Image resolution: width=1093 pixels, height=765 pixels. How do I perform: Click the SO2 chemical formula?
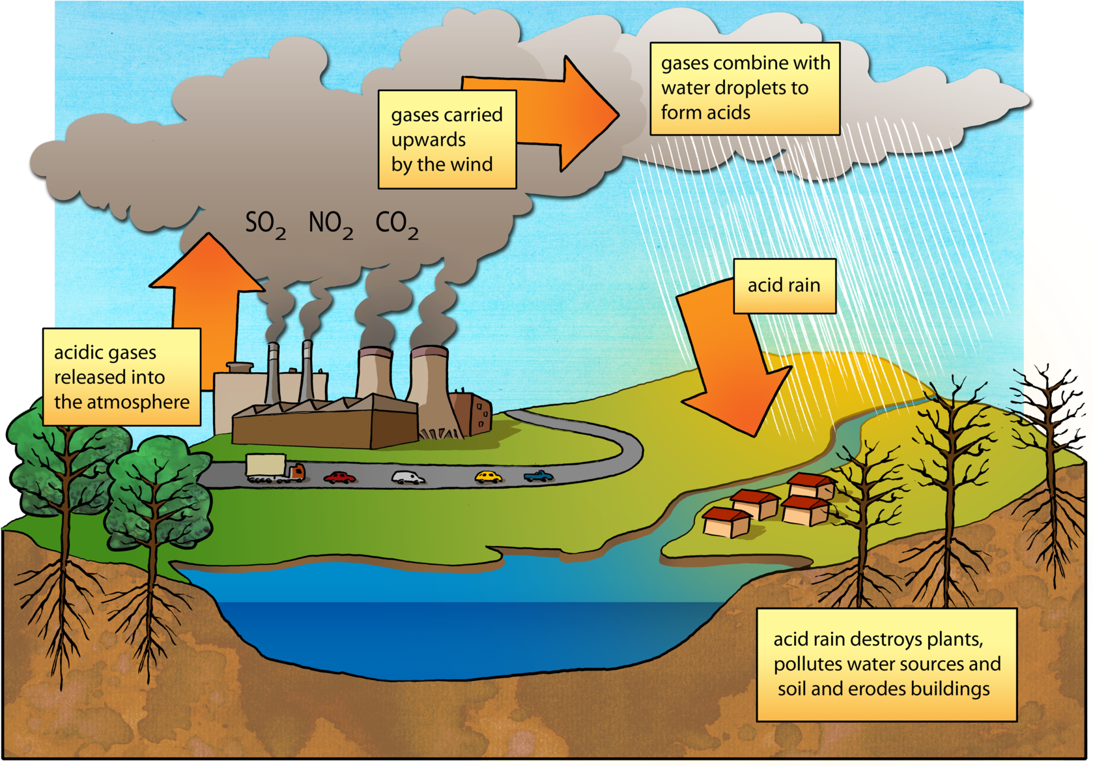[x=265, y=225]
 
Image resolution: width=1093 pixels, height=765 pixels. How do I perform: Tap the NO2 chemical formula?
[x=330, y=225]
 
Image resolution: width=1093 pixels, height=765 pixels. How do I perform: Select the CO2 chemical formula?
[x=397, y=225]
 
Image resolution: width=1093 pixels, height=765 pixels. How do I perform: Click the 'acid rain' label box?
[x=784, y=285]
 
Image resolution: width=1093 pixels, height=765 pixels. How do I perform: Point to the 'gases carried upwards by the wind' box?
[x=447, y=139]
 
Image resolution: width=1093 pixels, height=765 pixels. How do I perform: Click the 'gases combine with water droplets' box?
[x=745, y=88]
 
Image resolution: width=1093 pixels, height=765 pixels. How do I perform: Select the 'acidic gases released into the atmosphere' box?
[x=121, y=377]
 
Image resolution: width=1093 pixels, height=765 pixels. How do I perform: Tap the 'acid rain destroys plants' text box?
[x=886, y=665]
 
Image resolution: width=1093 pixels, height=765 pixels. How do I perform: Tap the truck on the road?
[x=275, y=469]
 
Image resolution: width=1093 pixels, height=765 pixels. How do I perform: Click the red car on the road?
[x=340, y=478]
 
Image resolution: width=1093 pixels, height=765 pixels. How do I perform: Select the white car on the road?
[x=408, y=478]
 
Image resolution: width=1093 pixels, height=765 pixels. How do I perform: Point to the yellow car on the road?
[x=488, y=476]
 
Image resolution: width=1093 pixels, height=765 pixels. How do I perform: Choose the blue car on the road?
[x=539, y=476]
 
